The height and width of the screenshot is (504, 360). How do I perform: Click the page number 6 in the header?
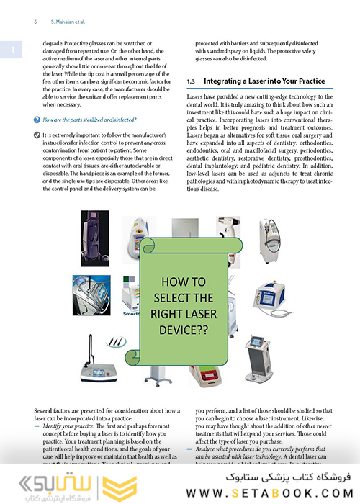(35, 22)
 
